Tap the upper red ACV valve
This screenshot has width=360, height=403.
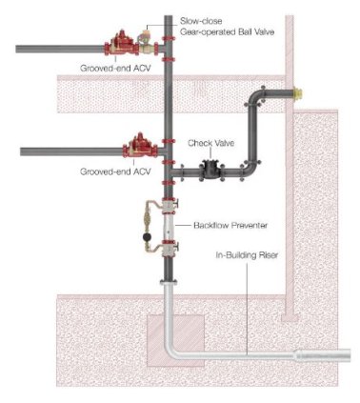tap(121, 44)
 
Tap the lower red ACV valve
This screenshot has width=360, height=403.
tap(135, 149)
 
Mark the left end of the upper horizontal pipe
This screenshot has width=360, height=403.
tap(19, 47)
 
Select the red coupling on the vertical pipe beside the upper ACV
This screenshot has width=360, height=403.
tap(169, 39)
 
